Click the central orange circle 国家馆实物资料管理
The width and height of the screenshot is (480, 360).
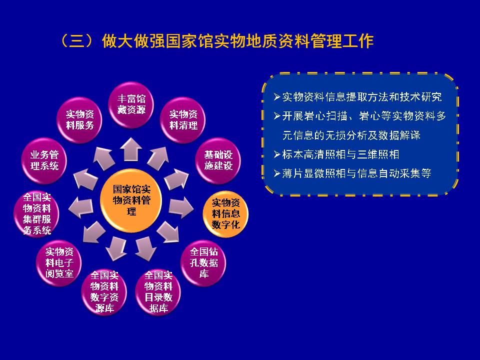click(x=131, y=200)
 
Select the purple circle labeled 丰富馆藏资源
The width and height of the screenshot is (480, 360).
click(x=131, y=104)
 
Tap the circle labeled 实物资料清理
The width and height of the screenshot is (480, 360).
click(x=183, y=120)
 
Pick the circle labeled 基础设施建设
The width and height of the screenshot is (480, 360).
click(x=218, y=160)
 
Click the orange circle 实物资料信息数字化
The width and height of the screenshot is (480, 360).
click(x=225, y=214)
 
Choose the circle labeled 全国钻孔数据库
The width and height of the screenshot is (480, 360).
click(x=203, y=263)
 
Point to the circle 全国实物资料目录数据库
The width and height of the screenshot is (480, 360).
click(x=158, y=292)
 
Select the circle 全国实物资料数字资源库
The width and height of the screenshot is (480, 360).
click(x=104, y=292)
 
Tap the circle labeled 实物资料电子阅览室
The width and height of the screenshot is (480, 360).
click(x=59, y=263)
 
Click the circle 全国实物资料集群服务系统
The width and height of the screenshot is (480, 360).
click(x=36, y=214)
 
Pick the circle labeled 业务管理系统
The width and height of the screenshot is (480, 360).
click(x=44, y=160)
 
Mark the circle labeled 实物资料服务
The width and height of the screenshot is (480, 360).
click(x=79, y=120)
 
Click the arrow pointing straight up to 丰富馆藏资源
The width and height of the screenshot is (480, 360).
click(x=130, y=149)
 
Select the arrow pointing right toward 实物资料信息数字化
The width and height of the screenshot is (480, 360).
click(x=181, y=207)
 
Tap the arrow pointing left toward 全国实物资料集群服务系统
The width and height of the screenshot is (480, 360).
click(x=81, y=207)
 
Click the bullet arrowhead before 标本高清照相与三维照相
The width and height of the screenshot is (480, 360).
click(x=277, y=154)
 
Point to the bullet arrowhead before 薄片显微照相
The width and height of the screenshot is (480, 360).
click(x=277, y=173)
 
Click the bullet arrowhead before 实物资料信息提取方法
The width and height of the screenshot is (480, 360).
click(x=277, y=97)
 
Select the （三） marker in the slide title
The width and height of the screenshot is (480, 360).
click(x=77, y=40)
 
